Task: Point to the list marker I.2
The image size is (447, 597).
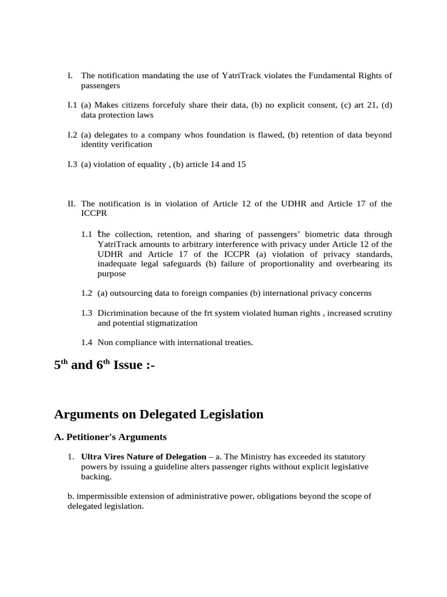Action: point(72,135)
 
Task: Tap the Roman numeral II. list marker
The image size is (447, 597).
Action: point(72,204)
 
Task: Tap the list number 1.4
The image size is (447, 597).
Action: point(87,343)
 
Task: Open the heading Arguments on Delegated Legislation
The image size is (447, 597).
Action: point(158,415)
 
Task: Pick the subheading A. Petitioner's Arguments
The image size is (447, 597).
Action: point(111,437)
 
